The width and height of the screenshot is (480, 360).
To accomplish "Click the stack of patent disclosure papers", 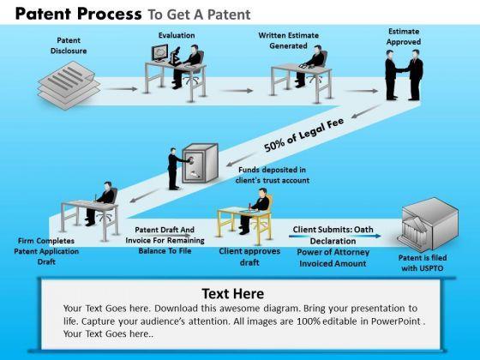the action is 69,85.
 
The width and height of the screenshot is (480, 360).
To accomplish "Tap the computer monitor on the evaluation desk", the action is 159,52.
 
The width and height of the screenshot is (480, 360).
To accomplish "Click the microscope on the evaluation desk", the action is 175,57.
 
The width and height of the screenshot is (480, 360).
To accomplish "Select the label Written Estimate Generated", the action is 288,40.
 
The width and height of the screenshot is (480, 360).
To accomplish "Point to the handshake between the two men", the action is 403,69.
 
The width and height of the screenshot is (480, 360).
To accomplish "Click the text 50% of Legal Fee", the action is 304,134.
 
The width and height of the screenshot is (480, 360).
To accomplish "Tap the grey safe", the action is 201,163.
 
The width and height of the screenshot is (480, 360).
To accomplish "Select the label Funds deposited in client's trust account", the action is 273,175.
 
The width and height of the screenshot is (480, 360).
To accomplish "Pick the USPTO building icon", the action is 429,224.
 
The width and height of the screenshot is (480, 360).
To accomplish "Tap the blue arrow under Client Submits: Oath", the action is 335,236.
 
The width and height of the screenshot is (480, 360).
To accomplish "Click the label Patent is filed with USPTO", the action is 423,263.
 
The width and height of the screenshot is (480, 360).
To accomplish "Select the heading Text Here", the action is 233,293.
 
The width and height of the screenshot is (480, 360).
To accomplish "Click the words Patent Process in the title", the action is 79,14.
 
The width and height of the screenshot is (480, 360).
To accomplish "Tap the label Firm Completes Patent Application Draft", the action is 46,251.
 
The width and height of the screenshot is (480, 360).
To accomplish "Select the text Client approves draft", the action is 249,256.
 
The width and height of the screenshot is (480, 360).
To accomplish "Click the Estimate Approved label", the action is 404,36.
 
